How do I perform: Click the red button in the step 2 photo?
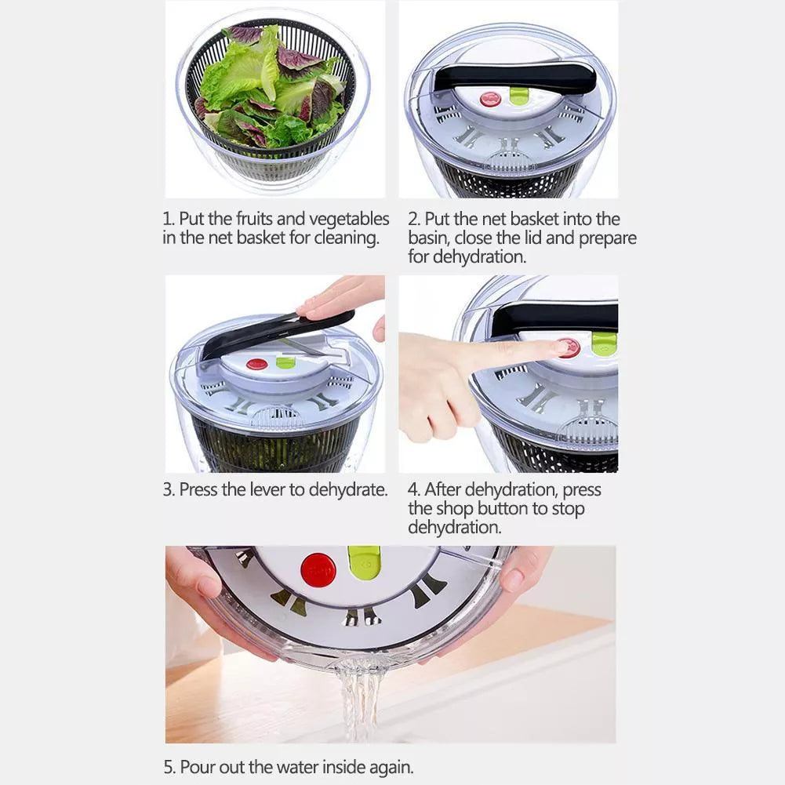point(491,99)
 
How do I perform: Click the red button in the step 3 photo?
point(256,364)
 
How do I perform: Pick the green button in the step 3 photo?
point(285,362)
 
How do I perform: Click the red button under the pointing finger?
point(569,347)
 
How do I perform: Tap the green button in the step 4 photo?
point(604,343)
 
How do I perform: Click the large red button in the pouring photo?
point(318,570)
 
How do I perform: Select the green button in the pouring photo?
point(364,562)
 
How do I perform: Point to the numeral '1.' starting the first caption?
point(169,219)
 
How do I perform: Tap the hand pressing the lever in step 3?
point(343,297)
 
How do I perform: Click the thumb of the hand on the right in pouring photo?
point(513,580)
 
